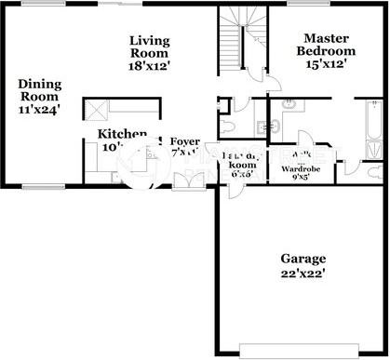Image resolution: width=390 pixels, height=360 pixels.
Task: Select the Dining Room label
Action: point(38,89)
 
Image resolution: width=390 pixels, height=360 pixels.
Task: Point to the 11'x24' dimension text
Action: point(38,108)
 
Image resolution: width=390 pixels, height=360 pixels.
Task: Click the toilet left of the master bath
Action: point(230,126)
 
